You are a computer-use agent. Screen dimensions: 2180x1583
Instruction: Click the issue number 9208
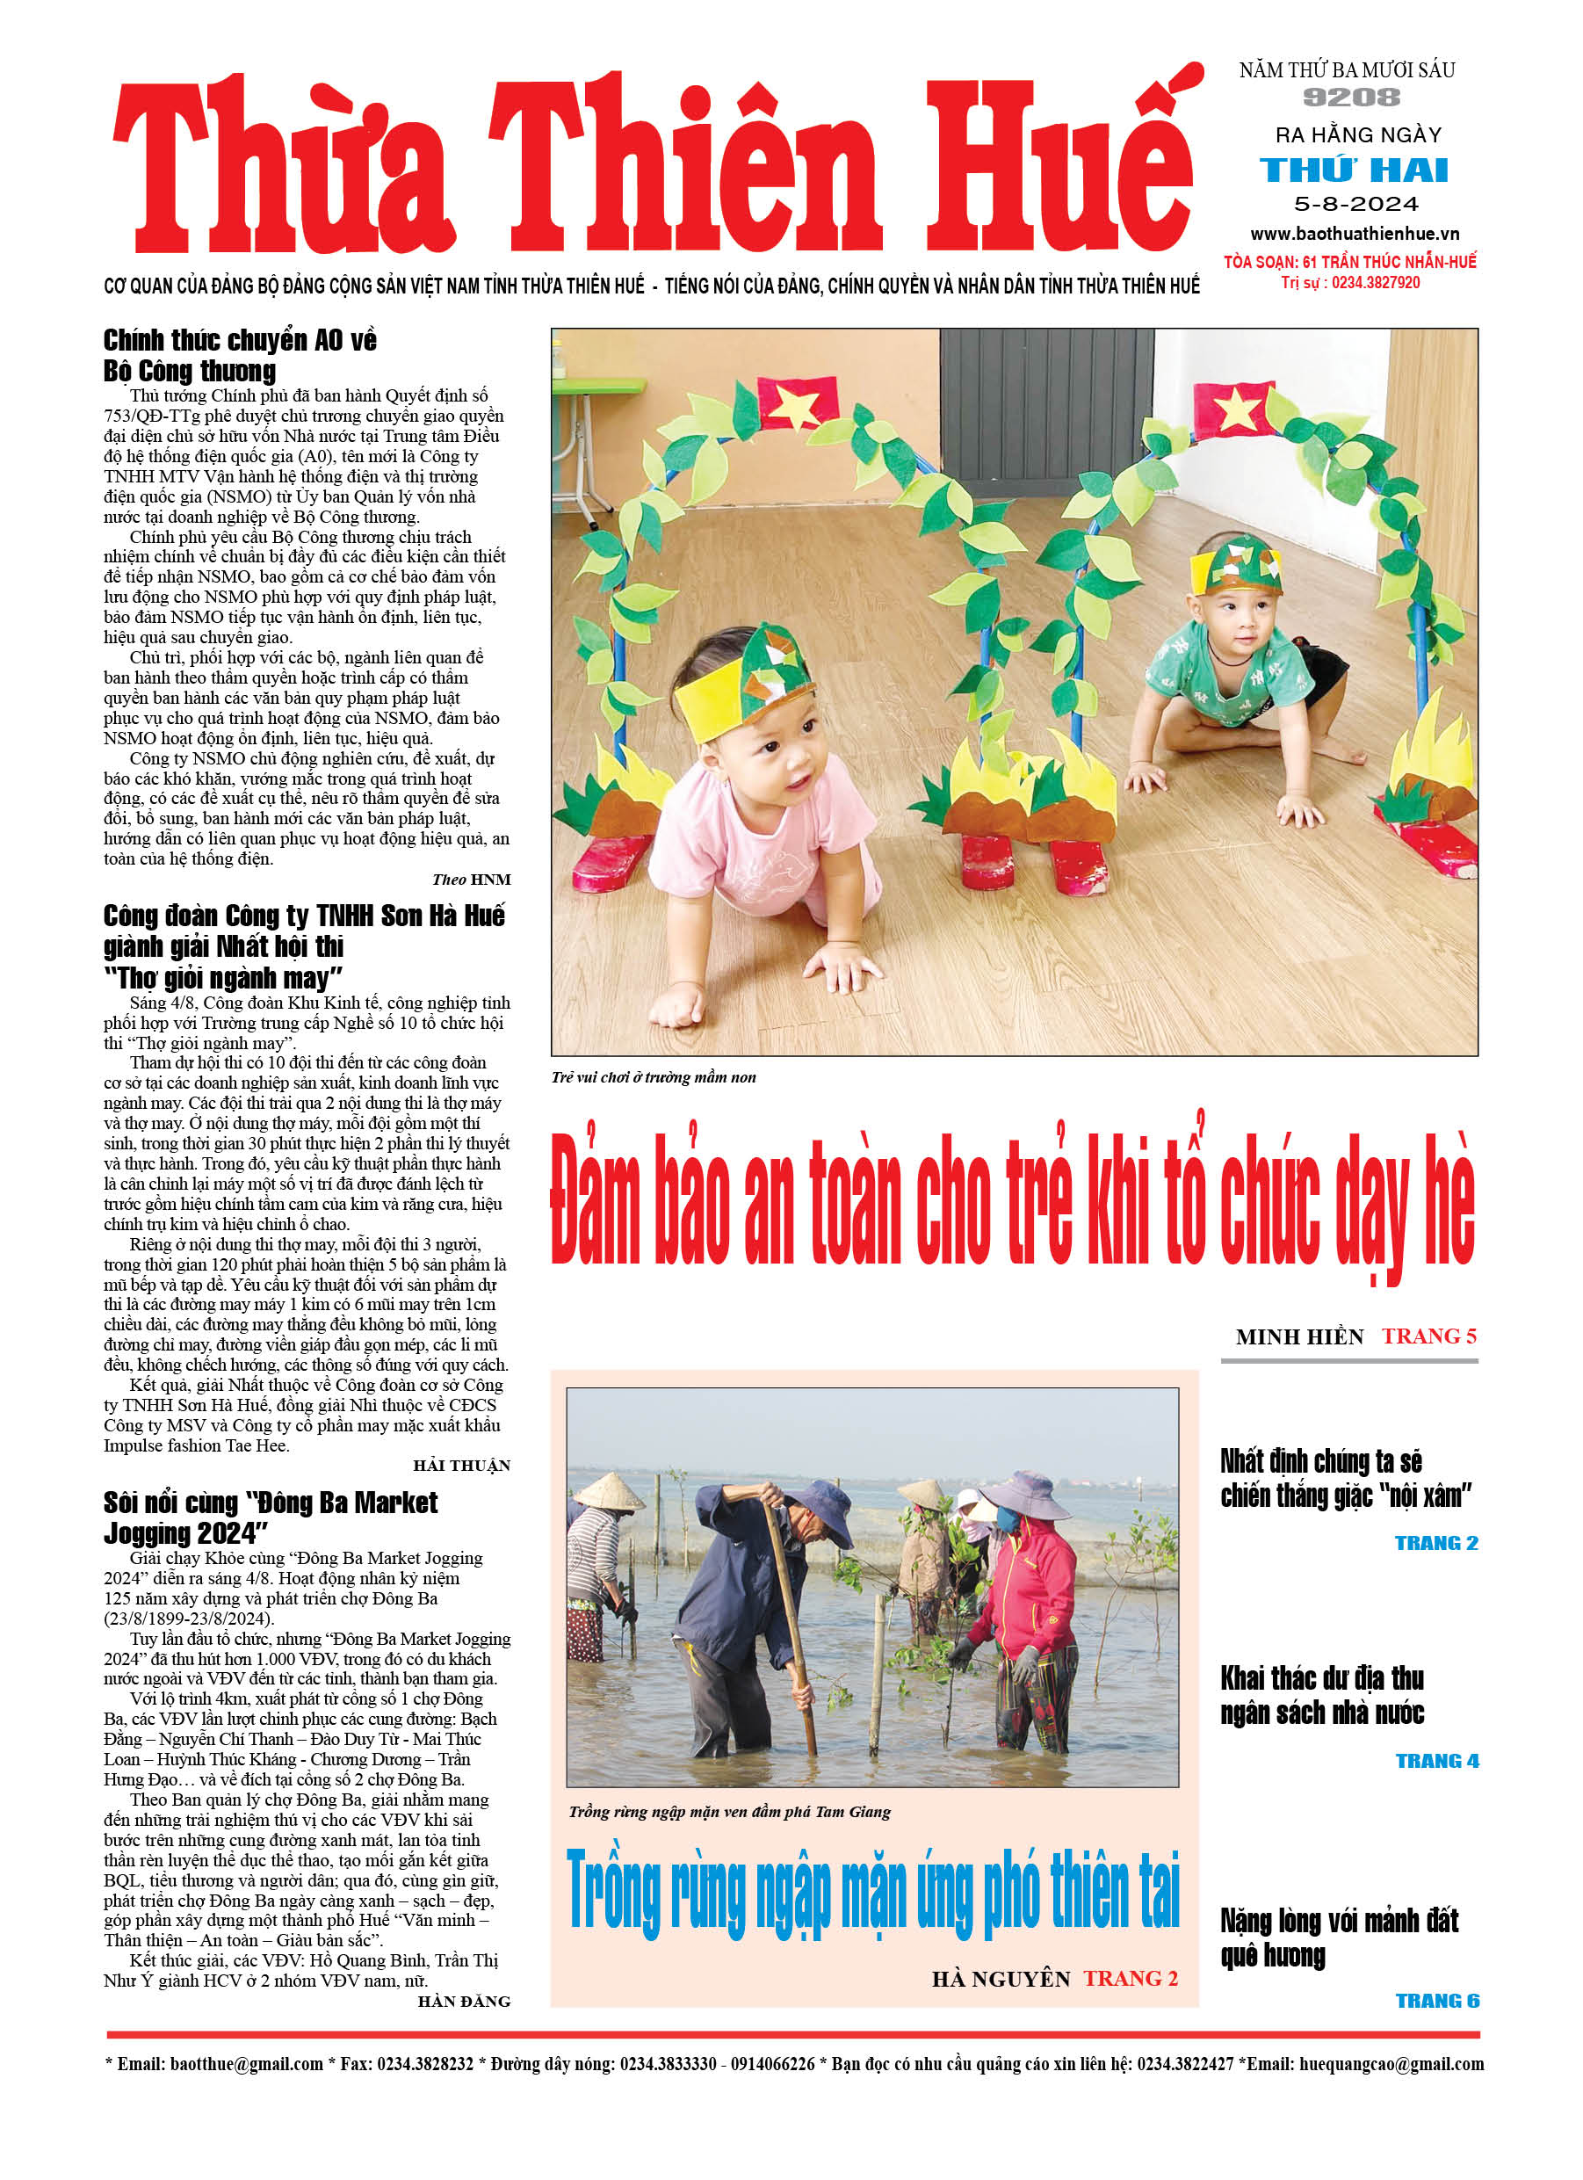click(x=1351, y=97)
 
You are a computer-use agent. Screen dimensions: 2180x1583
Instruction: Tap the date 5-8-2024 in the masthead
click(x=1355, y=204)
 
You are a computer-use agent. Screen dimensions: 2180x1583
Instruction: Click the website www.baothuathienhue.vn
click(x=1355, y=234)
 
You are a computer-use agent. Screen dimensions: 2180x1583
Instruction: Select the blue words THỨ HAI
click(x=1354, y=171)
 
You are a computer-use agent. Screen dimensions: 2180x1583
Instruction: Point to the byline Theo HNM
click(x=471, y=880)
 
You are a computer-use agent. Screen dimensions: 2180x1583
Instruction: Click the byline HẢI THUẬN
click(x=461, y=1466)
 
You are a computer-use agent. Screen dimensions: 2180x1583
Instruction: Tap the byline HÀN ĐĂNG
click(x=463, y=2002)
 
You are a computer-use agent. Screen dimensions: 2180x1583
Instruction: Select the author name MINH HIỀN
click(x=1299, y=1337)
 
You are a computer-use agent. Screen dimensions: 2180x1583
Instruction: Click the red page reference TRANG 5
click(x=1428, y=1336)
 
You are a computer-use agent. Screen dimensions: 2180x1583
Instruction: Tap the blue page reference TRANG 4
click(x=1437, y=1761)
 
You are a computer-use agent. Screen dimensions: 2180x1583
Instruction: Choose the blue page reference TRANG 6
click(x=1437, y=2002)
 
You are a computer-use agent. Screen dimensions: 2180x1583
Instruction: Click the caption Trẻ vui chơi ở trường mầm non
click(x=654, y=1077)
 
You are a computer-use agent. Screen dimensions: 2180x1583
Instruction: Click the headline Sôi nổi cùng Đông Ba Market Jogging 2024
click(x=270, y=1517)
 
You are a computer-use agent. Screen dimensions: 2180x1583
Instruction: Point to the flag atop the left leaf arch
click(x=797, y=402)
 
